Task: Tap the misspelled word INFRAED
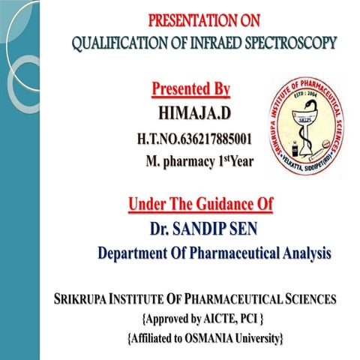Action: click(x=218, y=42)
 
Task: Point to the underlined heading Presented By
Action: click(x=190, y=90)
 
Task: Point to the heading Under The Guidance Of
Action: click(x=200, y=203)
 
